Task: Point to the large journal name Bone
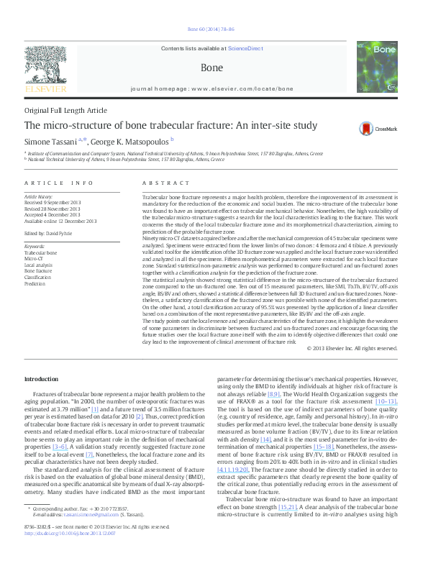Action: tap(212, 67)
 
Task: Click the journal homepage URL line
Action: tap(212, 88)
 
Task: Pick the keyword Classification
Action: tap(38, 277)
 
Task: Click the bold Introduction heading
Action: tap(42, 379)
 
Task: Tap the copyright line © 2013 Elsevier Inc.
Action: tap(351, 348)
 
